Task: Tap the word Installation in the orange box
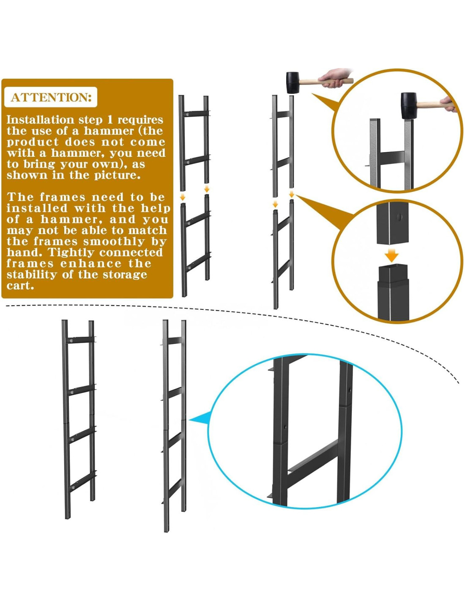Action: pos(41,120)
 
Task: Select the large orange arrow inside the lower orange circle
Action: pos(392,255)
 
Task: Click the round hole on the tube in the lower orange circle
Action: pos(399,217)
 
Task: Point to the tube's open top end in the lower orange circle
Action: pos(393,268)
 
